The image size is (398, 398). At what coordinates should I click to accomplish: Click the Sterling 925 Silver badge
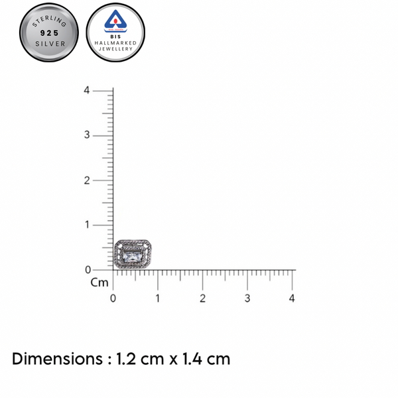click(49, 33)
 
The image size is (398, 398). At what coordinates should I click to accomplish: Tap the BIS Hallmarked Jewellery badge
click(115, 33)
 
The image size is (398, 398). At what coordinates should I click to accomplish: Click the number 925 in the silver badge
click(49, 33)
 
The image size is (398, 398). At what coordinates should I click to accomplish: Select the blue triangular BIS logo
click(115, 21)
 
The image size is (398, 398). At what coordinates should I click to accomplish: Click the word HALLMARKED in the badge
click(115, 43)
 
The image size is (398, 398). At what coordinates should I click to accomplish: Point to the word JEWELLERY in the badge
click(115, 49)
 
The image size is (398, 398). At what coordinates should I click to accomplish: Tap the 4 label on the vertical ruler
click(87, 90)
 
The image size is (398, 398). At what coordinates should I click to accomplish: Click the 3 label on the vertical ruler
click(87, 135)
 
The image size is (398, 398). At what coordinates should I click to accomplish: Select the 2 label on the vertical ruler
click(87, 180)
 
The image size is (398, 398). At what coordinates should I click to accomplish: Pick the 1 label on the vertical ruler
click(88, 225)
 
